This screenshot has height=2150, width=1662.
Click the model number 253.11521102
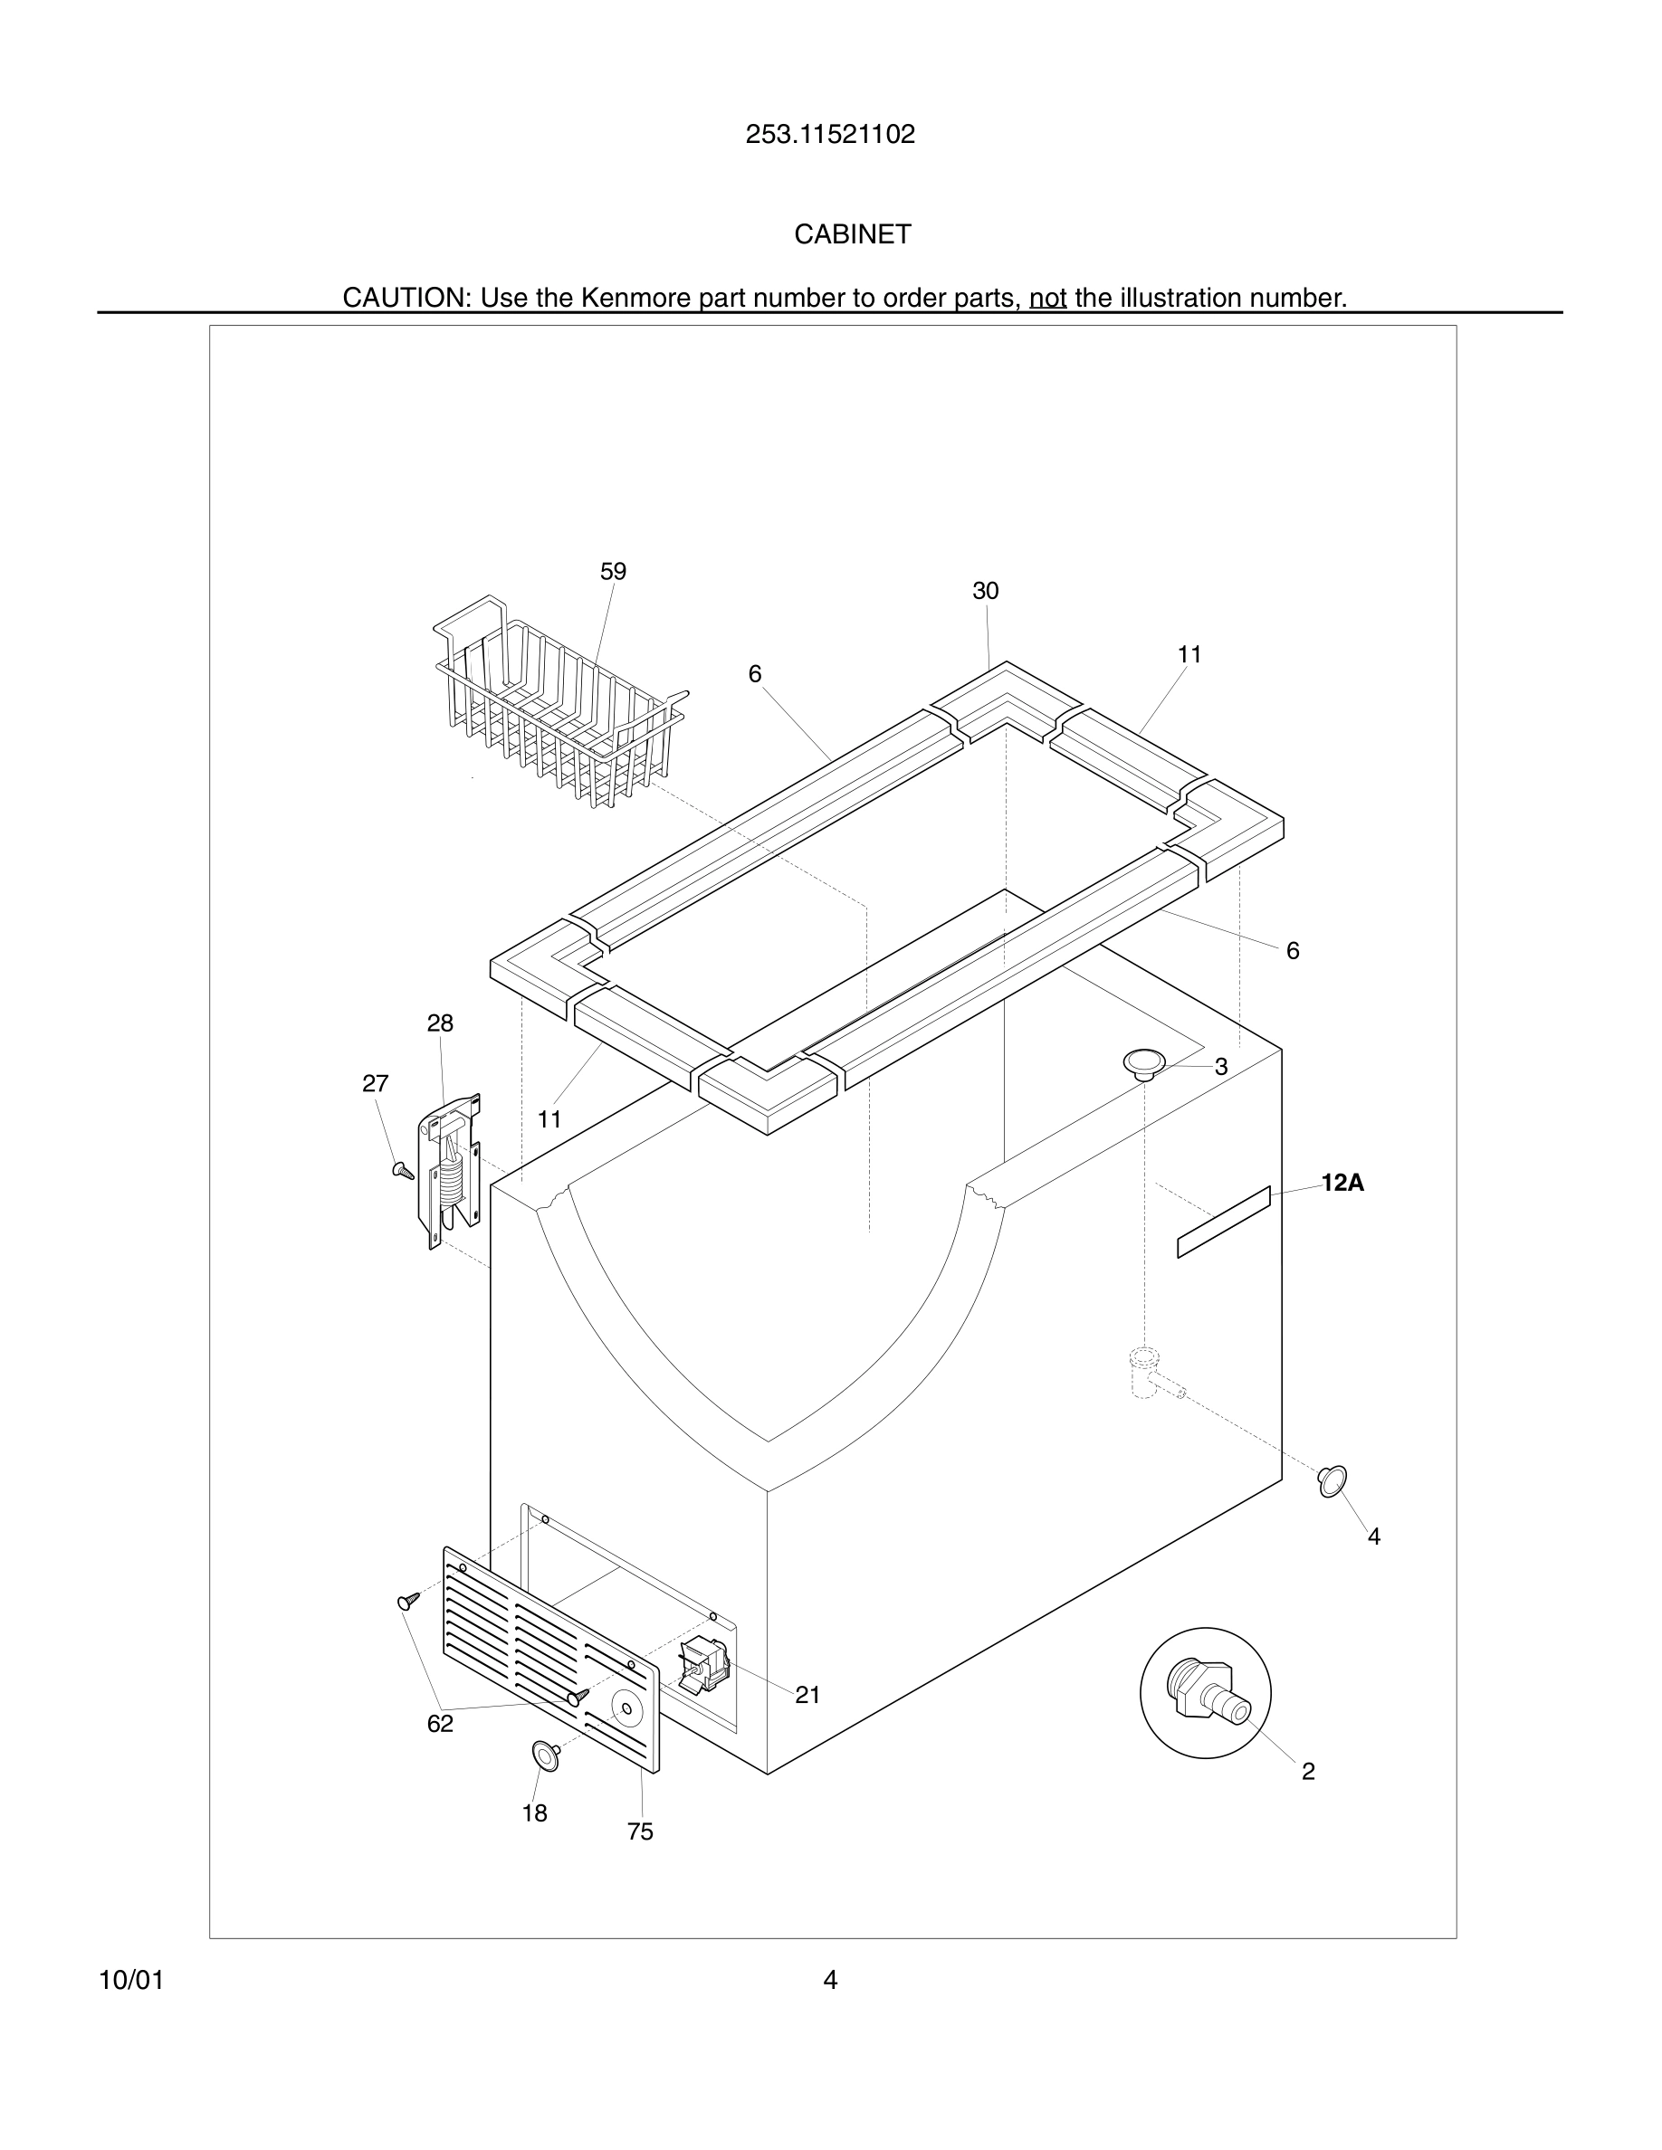pyautogui.click(x=830, y=135)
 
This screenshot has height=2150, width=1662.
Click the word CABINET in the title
pyautogui.click(x=853, y=234)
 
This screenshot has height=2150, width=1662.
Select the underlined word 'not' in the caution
pyautogui.click(x=1047, y=298)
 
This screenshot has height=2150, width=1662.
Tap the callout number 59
pyautogui.click(x=613, y=572)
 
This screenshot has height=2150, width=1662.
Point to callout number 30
pyautogui.click(x=985, y=591)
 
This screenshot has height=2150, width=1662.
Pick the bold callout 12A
pyautogui.click(x=1342, y=1184)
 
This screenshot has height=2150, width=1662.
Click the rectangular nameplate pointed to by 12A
pyautogui.click(x=1224, y=1222)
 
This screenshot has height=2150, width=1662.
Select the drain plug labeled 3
pyautogui.click(x=1144, y=1063)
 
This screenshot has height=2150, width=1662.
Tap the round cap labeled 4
pyautogui.click(x=1332, y=1480)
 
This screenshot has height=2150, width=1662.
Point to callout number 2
pyautogui.click(x=1307, y=1772)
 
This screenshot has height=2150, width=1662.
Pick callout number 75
pyautogui.click(x=640, y=1832)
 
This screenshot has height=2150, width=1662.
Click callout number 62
pyautogui.click(x=440, y=1724)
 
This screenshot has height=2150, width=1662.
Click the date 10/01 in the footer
pyautogui.click(x=131, y=1981)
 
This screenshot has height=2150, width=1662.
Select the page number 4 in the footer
pyautogui.click(x=830, y=1980)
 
